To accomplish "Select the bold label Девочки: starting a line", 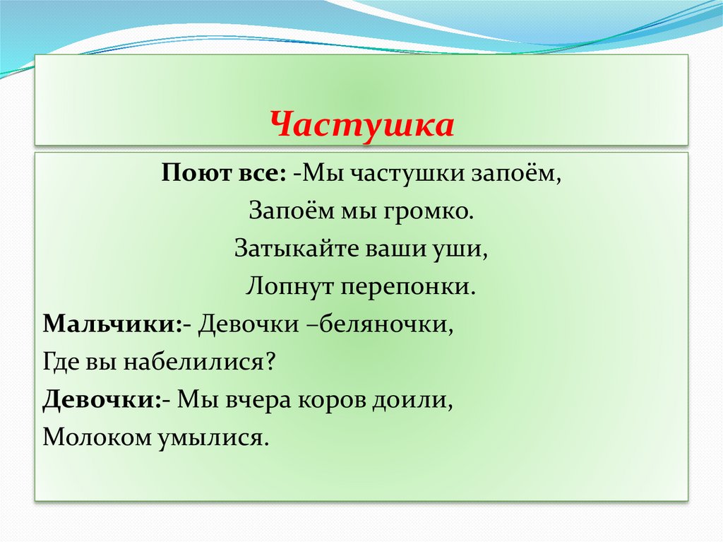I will pos(102,401).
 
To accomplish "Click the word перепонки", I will pos(410,287).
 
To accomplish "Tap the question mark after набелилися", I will pos(268,363).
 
